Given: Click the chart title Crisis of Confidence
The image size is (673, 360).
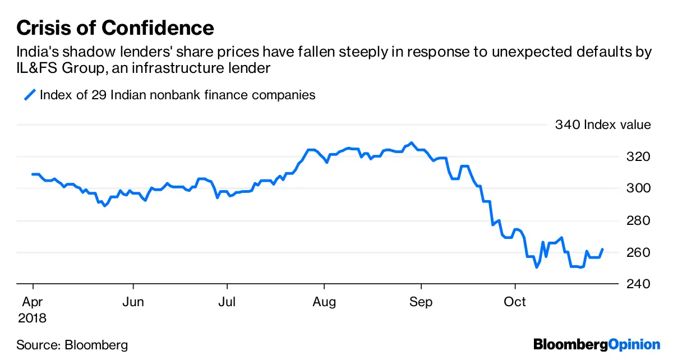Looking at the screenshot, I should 115,27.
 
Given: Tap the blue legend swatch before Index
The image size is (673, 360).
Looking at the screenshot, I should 29,95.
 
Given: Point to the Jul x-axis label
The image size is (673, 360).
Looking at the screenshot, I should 227,302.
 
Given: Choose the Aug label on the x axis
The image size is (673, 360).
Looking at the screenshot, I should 324,302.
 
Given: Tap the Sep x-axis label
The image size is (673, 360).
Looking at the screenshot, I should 421,302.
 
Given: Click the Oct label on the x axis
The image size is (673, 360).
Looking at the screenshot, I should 515,302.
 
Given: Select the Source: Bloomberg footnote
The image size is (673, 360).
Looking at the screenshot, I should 72,345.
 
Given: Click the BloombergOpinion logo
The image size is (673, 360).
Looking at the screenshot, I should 597,344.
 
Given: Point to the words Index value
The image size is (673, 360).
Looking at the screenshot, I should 617,124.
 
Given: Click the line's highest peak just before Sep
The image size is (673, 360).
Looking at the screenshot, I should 412,143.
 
